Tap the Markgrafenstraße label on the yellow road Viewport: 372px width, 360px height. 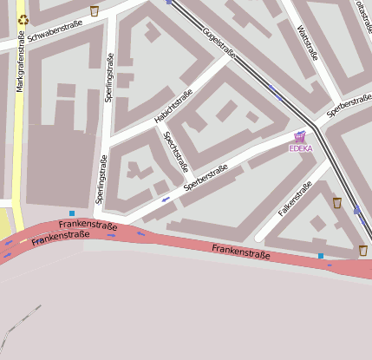[19, 65]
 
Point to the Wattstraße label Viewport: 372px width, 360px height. [307, 43]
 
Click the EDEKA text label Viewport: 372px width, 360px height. [300, 148]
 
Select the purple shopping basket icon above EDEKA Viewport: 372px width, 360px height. [300, 136]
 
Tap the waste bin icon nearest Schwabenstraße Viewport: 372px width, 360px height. [95, 11]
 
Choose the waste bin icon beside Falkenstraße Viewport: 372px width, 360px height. [337, 203]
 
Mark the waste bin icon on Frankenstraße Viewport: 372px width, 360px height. [362, 251]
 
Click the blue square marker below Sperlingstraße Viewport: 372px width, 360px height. [72, 213]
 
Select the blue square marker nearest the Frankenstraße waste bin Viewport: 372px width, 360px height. [321, 256]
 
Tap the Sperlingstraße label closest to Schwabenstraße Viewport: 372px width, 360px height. [109, 78]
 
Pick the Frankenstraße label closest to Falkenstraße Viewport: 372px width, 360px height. [240, 252]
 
